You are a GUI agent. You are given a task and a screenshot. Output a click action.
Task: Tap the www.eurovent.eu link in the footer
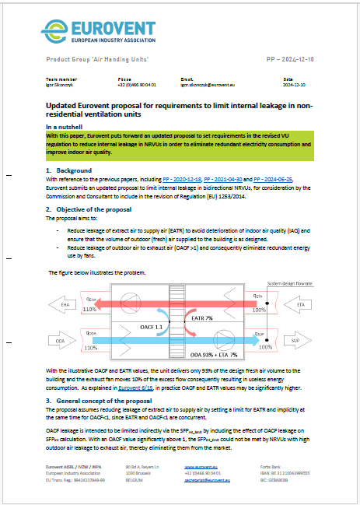pos(201,466)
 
